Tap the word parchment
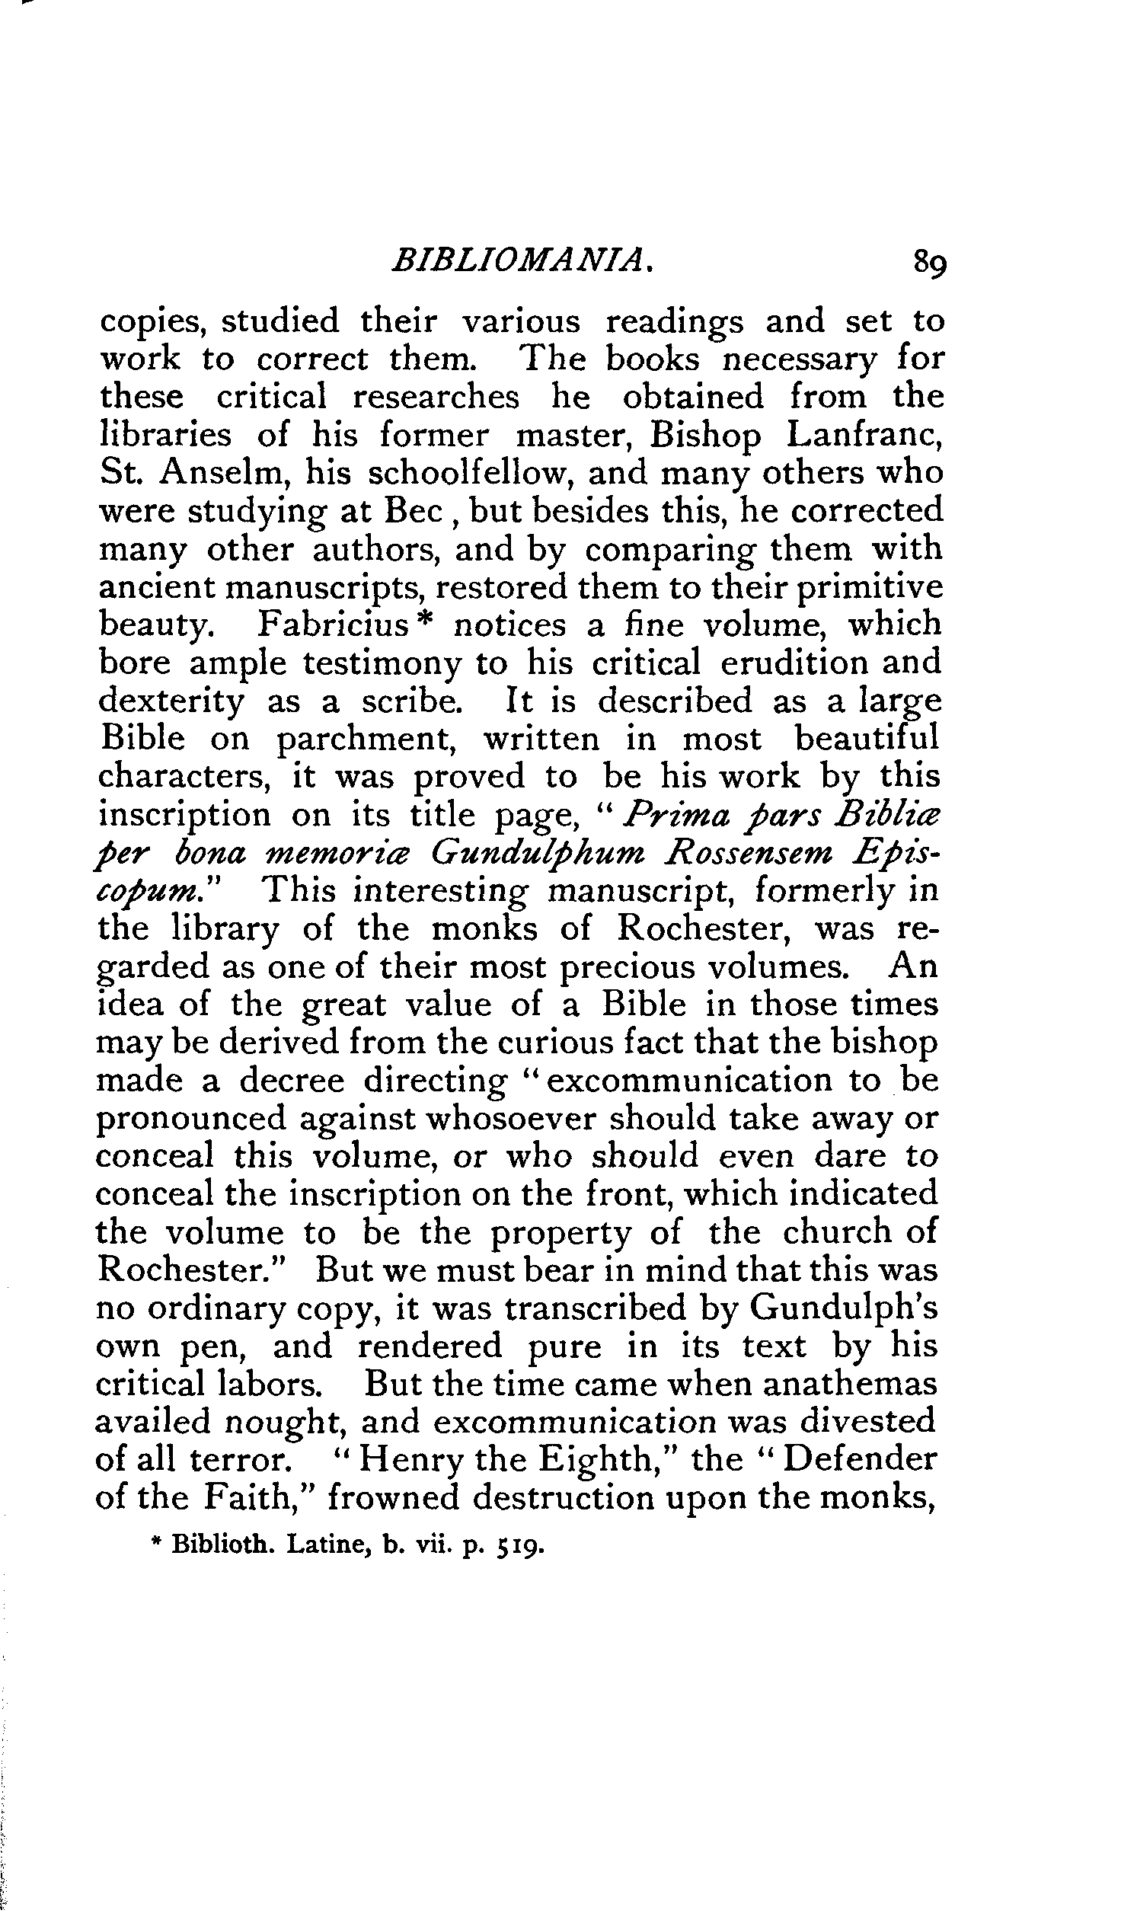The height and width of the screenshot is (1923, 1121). pyautogui.click(x=370, y=739)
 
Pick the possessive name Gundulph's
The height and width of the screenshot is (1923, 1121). pyautogui.click(x=842, y=1308)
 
